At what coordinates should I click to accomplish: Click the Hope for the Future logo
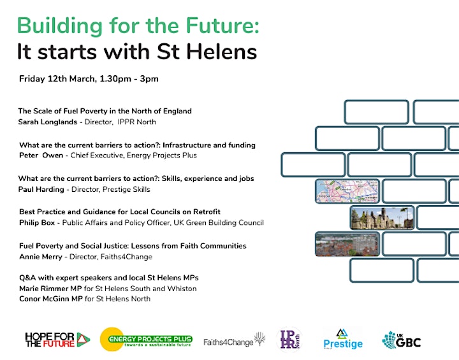click(x=57, y=340)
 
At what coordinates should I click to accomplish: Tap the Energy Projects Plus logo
click(x=146, y=340)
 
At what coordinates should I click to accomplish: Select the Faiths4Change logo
click(x=235, y=340)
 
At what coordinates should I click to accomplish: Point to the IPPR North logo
click(x=289, y=339)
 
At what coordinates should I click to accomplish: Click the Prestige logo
click(x=343, y=340)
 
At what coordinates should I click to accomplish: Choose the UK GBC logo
click(x=402, y=340)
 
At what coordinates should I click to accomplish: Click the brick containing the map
click(x=347, y=191)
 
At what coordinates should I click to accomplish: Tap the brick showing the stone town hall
click(x=382, y=217)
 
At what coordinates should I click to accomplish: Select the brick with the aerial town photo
click(x=347, y=244)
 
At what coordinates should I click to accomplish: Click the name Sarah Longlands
click(x=47, y=122)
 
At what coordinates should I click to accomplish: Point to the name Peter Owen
click(x=41, y=155)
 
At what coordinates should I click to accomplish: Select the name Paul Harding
click(x=41, y=189)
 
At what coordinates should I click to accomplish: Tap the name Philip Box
click(x=37, y=222)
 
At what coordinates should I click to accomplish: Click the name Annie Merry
click(x=41, y=257)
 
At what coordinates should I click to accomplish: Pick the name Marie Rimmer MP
click(x=50, y=289)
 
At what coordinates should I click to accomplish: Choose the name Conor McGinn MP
click(x=51, y=299)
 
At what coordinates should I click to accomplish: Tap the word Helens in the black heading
click(x=222, y=52)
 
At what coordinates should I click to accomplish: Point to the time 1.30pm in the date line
click(x=115, y=79)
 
